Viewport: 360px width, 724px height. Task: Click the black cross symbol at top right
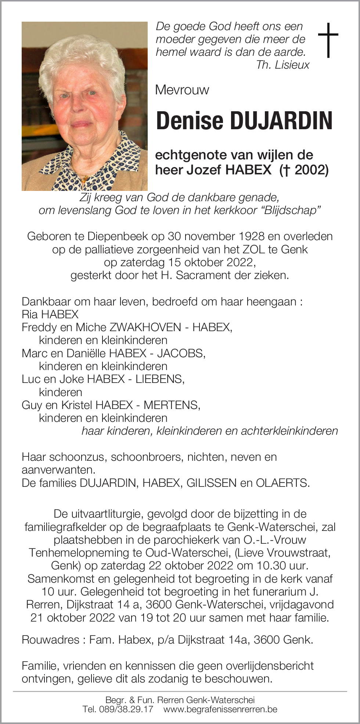pos(328,40)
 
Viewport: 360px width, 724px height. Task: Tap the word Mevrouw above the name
pos(182,90)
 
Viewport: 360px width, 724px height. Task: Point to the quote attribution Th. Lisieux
pos(282,65)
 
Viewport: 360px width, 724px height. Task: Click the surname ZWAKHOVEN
pos(145,327)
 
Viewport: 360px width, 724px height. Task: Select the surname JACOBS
pos(180,353)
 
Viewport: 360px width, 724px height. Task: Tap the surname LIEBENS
pos(159,379)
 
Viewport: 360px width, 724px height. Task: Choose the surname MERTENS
pos(171,405)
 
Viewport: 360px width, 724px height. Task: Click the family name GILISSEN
pos(212,483)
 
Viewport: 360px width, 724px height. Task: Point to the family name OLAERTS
pos(282,483)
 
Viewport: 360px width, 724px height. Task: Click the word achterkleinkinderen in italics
pos(289,431)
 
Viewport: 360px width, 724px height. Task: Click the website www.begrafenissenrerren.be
pos(220,709)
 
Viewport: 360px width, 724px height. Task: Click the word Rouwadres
pos(50,640)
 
